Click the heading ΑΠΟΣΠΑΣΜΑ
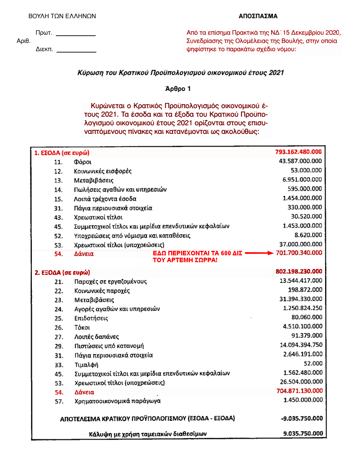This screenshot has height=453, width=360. [x=258, y=16]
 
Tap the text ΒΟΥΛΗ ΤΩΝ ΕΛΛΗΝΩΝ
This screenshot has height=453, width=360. [x=62, y=16]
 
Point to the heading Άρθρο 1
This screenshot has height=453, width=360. [x=178, y=89]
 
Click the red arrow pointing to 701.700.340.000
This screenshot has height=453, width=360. [x=259, y=253]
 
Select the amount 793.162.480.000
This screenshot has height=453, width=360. [x=298, y=152]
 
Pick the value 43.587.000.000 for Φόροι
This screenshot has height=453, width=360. [x=300, y=161]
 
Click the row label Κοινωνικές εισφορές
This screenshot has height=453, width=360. [x=103, y=171]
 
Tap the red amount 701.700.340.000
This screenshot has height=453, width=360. [x=299, y=253]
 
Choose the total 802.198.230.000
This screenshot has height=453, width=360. [x=299, y=271]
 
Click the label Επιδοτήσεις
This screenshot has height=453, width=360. [x=91, y=318]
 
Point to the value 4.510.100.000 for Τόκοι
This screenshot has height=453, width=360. [x=302, y=326]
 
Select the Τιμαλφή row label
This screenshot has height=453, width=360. [x=86, y=365]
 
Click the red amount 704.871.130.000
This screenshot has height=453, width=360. [x=299, y=391]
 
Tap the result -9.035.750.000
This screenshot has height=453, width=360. [x=302, y=418]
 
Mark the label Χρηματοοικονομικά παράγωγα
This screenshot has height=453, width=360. [x=118, y=401]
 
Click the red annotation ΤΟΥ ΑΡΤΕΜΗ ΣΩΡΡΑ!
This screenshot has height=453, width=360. [x=185, y=260]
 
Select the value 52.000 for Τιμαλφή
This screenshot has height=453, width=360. [x=313, y=363]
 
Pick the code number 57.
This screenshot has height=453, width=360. [x=59, y=402]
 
